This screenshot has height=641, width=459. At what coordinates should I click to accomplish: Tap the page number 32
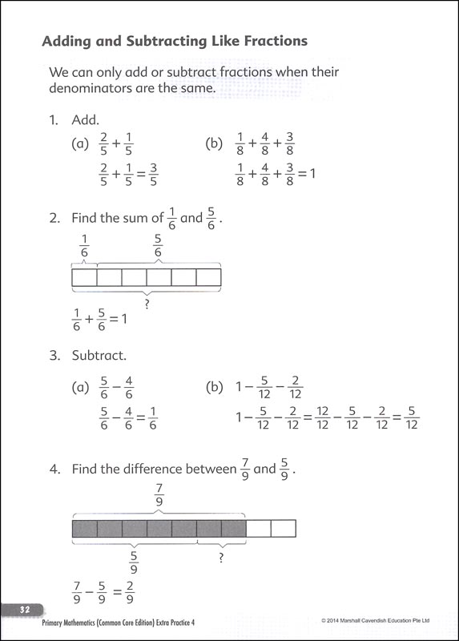[25, 610]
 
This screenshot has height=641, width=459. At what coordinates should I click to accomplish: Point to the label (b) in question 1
[213, 144]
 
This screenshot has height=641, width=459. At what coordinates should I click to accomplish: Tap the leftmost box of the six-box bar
[84, 277]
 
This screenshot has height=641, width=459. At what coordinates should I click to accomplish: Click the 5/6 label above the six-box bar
[158, 247]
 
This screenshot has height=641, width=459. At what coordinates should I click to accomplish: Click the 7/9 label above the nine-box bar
[159, 494]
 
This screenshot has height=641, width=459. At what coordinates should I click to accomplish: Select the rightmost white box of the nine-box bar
[283, 528]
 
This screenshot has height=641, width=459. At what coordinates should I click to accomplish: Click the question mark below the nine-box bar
[220, 556]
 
